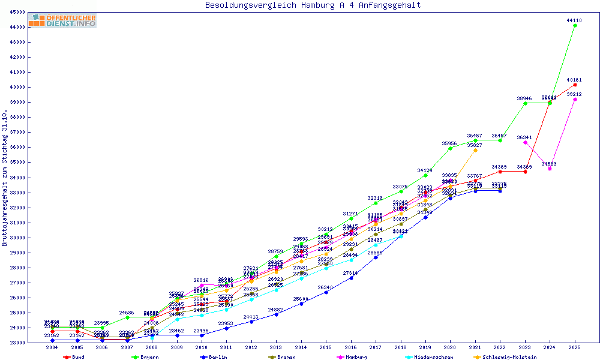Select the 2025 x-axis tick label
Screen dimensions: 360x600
pos(575,347)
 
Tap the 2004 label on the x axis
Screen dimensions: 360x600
pos(52,347)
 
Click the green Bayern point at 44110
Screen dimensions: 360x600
pos(575,25)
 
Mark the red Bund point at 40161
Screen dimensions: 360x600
pos(575,85)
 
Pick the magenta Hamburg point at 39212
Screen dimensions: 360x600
pos(575,99)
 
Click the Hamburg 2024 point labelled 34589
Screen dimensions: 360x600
pos(550,169)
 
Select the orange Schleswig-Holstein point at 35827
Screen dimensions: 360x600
pos(475,150)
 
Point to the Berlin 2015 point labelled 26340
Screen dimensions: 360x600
pos(326,292)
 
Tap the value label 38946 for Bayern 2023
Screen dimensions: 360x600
pos(524,98)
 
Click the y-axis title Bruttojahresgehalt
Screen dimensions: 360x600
pos(5,178)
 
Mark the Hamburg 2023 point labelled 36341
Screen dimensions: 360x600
pos(525,142)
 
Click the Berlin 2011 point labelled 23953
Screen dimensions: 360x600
pos(226,328)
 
